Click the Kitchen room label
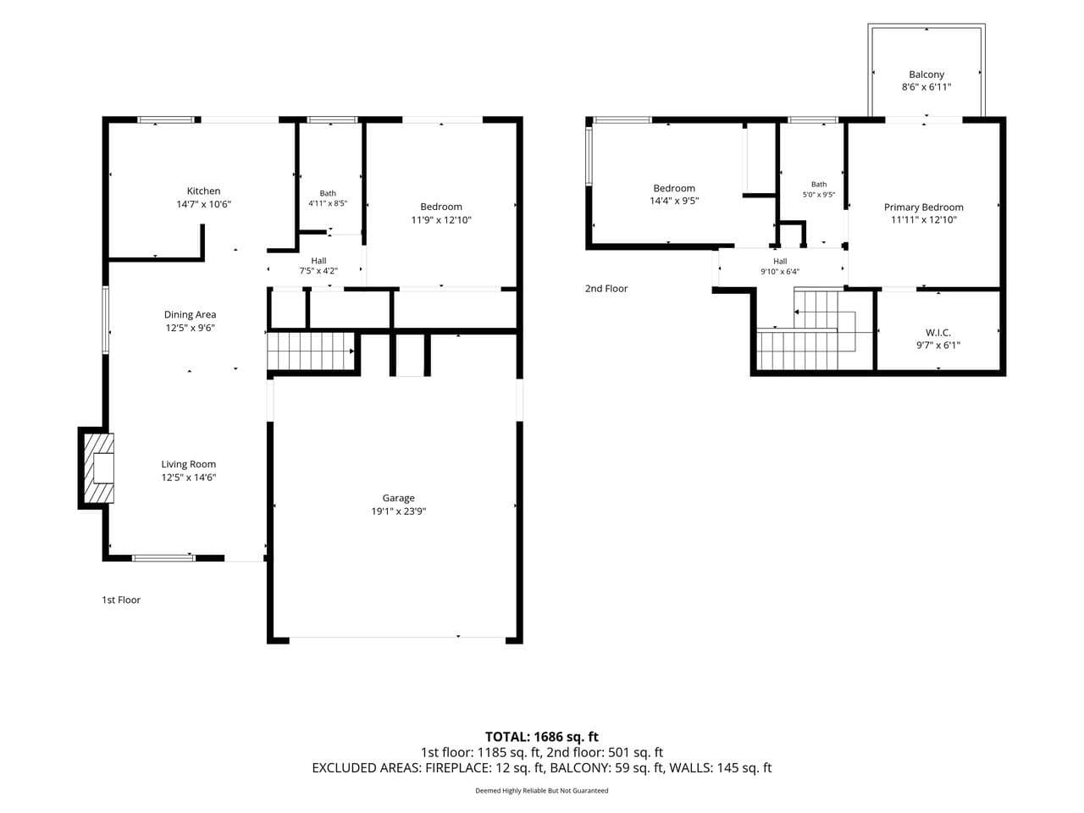(203, 191)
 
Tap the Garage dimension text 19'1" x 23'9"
(399, 512)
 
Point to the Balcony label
(926, 75)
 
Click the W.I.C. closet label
(938, 333)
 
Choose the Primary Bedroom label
(923, 207)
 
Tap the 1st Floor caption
(121, 600)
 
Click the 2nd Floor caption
(606, 288)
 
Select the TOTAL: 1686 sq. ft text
(542, 737)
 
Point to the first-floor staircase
(311, 351)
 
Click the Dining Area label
(191, 314)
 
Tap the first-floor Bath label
(328, 193)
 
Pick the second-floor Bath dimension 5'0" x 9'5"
(819, 195)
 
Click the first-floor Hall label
(318, 261)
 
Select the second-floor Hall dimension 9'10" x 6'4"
(780, 272)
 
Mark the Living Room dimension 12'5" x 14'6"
(189, 478)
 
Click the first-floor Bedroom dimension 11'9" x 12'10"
(441, 220)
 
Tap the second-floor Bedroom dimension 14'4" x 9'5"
(674, 201)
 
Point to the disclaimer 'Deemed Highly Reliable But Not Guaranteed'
(542, 790)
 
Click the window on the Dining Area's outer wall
(106, 320)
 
